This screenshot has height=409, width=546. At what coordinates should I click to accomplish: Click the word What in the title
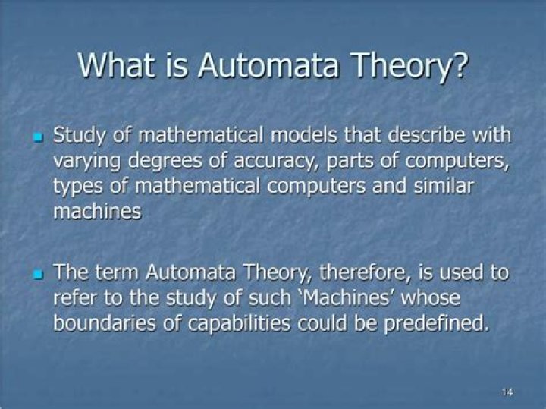pos(121,65)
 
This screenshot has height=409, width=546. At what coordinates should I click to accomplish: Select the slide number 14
pos(507,392)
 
